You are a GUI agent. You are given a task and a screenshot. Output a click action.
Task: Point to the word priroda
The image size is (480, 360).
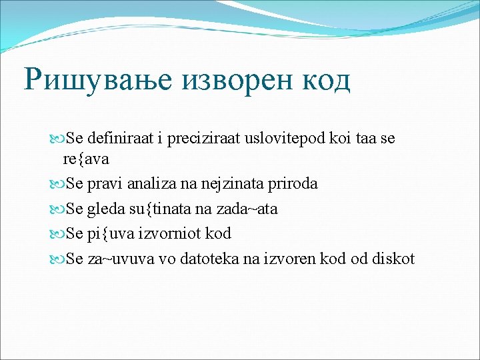point(294,183)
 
